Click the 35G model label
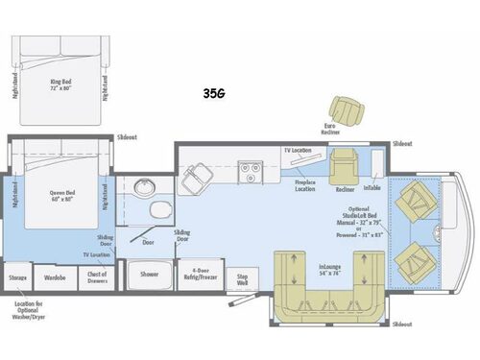tap(213, 93)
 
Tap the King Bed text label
tap(61, 84)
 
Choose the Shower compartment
tap(150, 274)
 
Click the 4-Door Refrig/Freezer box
tap(203, 274)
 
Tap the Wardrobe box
tap(55, 277)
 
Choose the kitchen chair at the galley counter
tap(200, 174)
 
